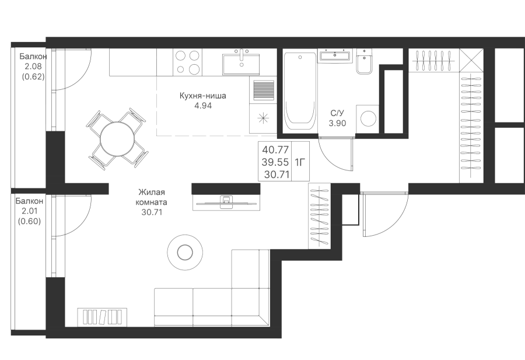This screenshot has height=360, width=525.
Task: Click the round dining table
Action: (x=117, y=138)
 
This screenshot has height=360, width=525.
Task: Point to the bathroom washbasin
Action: (x=335, y=55)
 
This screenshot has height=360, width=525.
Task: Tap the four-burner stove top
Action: (x=187, y=62)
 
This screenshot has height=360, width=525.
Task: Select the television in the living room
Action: (x=226, y=202)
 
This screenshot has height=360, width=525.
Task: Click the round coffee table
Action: (x=185, y=252)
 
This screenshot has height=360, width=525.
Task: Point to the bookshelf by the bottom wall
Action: (x=103, y=317)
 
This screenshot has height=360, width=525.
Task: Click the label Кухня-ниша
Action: (x=203, y=96)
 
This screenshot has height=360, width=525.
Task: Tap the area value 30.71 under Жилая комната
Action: (x=152, y=212)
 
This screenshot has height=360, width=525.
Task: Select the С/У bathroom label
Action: (x=337, y=114)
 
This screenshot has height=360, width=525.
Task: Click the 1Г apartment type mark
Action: (x=300, y=162)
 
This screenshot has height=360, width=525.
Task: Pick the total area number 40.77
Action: (x=276, y=149)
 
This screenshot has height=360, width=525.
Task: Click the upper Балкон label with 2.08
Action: (x=33, y=56)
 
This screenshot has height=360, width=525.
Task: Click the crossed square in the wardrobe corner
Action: (x=471, y=60)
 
